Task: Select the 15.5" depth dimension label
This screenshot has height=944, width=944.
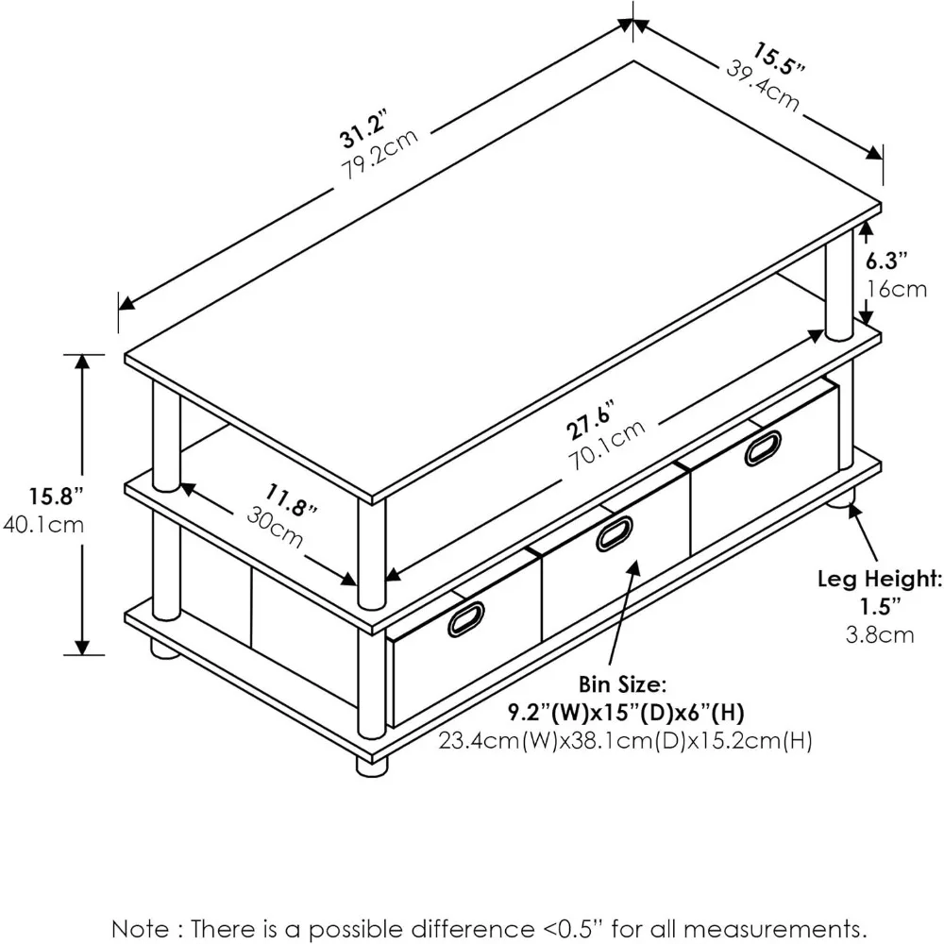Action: pyautogui.click(x=780, y=59)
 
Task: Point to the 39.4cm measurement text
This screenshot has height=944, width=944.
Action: pyautogui.click(x=763, y=83)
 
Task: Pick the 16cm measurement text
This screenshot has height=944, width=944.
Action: pyautogui.click(x=896, y=288)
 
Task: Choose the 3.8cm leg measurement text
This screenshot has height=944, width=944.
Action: pyautogui.click(x=879, y=634)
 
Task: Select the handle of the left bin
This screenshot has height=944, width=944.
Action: pyautogui.click(x=466, y=618)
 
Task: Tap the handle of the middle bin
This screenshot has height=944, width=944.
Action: pyautogui.click(x=615, y=533)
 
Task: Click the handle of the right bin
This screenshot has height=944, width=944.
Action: pyautogui.click(x=763, y=447)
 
